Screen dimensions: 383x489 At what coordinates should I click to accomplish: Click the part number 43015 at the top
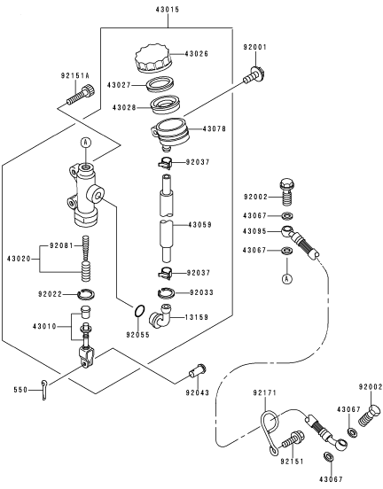(x=168, y=10)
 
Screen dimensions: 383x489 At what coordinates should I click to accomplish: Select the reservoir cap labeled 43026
(x=153, y=59)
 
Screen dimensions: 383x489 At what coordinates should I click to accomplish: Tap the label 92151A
(x=74, y=76)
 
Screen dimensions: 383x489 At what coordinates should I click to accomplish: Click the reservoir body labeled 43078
(x=171, y=132)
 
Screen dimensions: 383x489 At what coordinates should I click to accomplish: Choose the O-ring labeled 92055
(x=139, y=311)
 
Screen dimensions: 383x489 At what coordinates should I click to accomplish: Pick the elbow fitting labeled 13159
(x=161, y=315)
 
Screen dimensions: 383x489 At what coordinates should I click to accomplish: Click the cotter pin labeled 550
(x=43, y=389)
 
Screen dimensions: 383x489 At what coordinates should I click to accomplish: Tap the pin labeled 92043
(x=197, y=370)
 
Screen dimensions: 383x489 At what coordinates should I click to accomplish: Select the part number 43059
(x=199, y=224)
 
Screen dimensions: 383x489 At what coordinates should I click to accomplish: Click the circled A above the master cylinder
(x=86, y=143)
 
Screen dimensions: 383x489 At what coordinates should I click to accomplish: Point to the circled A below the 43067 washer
(x=287, y=278)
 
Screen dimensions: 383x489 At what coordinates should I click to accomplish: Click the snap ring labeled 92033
(x=166, y=292)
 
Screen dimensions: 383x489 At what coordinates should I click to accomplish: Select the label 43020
(x=19, y=259)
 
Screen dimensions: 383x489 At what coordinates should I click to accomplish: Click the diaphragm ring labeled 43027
(x=160, y=84)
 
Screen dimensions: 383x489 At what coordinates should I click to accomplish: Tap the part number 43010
(x=44, y=327)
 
